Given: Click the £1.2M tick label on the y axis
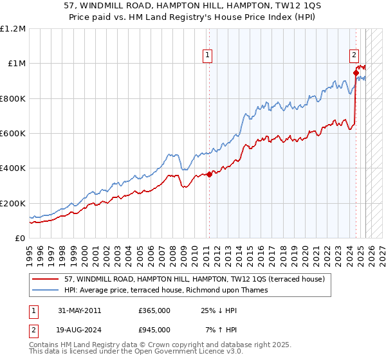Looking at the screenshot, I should (x=12, y=29).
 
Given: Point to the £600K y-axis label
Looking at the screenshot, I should (x=12, y=134).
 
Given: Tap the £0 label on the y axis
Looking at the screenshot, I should (x=19, y=239).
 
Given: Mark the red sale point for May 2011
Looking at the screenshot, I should (x=210, y=174).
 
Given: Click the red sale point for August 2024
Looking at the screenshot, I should (x=356, y=73).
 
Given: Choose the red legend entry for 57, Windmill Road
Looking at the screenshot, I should (x=180, y=280).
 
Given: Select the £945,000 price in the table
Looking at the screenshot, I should (x=154, y=330).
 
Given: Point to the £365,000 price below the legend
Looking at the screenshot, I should (x=154, y=310).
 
